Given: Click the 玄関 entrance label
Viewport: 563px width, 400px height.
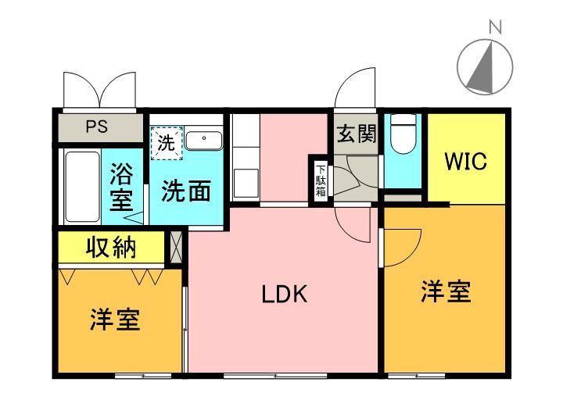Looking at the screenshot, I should point(356,134).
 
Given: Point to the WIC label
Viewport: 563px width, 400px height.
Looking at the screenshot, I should point(466,162).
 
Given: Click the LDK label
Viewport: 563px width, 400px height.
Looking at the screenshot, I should point(284,295).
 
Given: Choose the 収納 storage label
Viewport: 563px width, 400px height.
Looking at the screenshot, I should point(110,248).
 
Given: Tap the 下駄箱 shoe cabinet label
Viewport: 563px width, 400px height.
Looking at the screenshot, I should point(321,181).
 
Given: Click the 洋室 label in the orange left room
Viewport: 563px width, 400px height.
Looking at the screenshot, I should point(115,320).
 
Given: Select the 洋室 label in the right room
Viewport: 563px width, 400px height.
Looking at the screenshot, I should point(446,292).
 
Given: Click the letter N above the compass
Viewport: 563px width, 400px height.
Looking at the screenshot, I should point(494,27).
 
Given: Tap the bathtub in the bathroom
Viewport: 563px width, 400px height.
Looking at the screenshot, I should point(81,186).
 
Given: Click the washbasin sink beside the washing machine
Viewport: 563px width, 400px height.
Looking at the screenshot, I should point(204,140).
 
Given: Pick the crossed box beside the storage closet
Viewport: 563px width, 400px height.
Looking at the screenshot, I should point(177,248).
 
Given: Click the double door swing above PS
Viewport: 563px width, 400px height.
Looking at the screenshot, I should point(99,87).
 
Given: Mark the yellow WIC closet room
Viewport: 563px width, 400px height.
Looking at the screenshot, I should point(466,156).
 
